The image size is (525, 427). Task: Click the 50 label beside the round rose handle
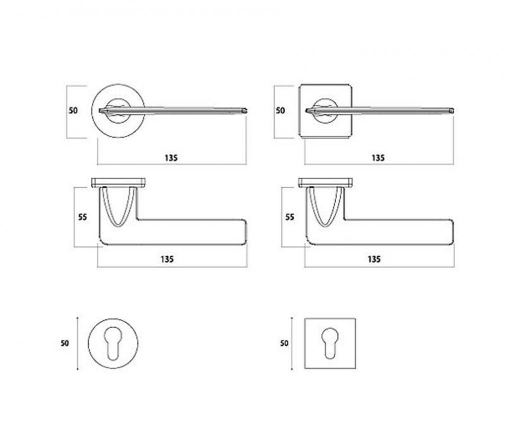click(73, 110)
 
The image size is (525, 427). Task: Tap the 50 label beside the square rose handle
click(280, 110)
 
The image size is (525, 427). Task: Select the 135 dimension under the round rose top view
click(171, 158)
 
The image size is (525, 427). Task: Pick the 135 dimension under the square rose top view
click(378, 158)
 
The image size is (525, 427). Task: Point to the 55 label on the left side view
click(82, 217)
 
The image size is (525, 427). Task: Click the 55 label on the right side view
click(290, 217)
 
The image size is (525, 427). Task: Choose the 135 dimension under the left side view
click(167, 259)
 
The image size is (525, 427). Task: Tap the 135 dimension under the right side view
click(374, 259)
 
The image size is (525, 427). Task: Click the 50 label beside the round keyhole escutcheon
click(64, 343)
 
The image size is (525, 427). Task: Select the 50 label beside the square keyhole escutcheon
click(284, 343)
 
